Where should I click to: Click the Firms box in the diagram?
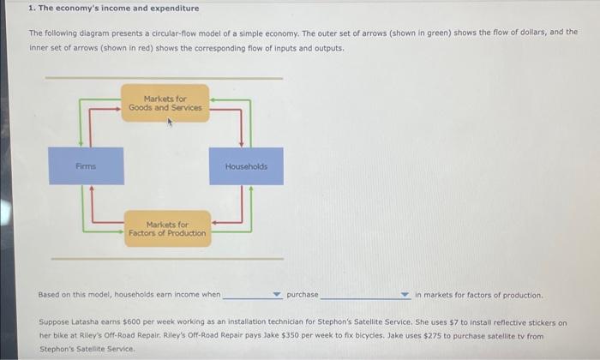click(x=85, y=166)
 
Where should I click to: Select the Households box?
click(x=246, y=166)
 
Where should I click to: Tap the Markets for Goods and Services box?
click(x=165, y=104)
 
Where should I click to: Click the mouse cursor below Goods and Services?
click(x=170, y=123)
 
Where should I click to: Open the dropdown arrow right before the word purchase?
click(x=276, y=295)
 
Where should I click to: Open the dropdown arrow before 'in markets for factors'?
click(x=405, y=295)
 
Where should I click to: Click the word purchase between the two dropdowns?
click(x=302, y=295)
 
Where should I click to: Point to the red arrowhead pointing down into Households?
click(x=243, y=143)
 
